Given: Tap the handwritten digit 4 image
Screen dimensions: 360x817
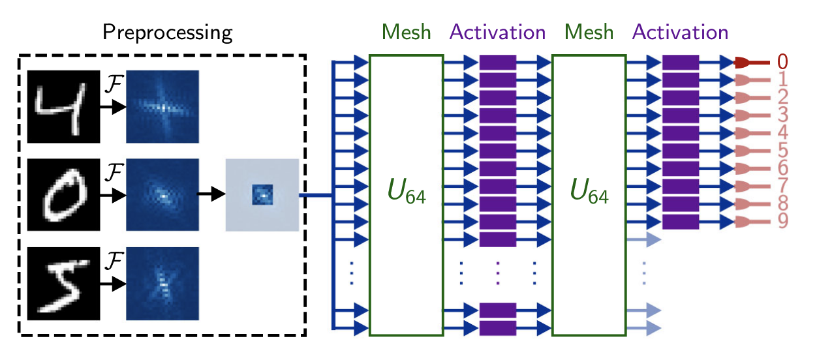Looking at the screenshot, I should pyautogui.click(x=64, y=107).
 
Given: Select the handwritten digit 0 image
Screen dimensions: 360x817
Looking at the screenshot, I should pyautogui.click(x=64, y=194).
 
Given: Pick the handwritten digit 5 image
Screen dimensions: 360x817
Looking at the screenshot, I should pyautogui.click(x=64, y=282).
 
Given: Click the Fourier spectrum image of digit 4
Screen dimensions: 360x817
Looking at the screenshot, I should pyautogui.click(x=162, y=106).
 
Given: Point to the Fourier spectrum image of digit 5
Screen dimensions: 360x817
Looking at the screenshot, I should pyautogui.click(x=162, y=282).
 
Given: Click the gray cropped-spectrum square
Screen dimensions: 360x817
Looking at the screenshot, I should pyautogui.click(x=262, y=194).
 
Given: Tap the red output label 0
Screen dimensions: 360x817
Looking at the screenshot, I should pyautogui.click(x=782, y=63).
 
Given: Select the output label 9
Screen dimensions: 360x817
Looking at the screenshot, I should pyautogui.click(x=782, y=222).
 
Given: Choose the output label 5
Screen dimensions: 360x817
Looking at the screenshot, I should pyautogui.click(x=782, y=151).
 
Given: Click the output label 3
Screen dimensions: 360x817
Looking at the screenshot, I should pyautogui.click(x=782, y=116).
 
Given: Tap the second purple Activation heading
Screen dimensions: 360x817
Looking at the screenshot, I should pyautogui.click(x=681, y=31).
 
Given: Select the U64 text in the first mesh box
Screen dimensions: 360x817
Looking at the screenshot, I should pyautogui.click(x=407, y=194).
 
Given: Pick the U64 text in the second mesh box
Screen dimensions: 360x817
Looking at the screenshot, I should pyautogui.click(x=589, y=194).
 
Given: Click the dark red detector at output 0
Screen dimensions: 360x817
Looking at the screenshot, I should pyautogui.click(x=745, y=63).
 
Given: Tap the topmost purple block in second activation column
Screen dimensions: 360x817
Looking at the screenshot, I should pyautogui.click(x=681, y=63).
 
